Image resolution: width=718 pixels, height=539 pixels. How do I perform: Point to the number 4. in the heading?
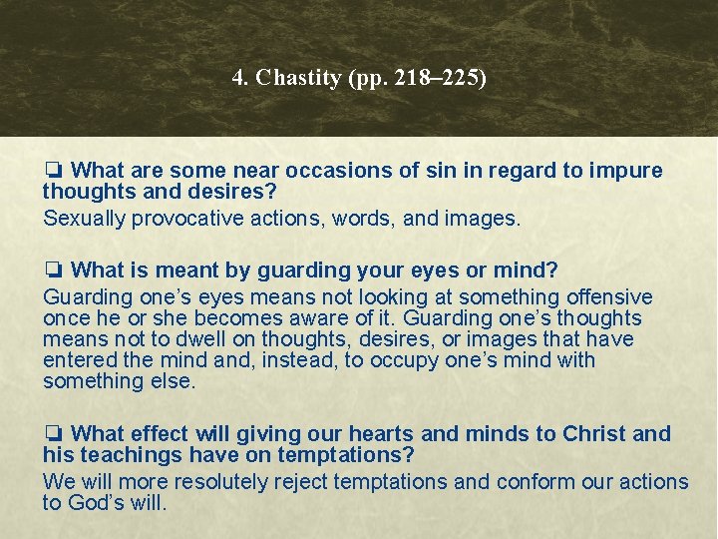coord(240,79)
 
